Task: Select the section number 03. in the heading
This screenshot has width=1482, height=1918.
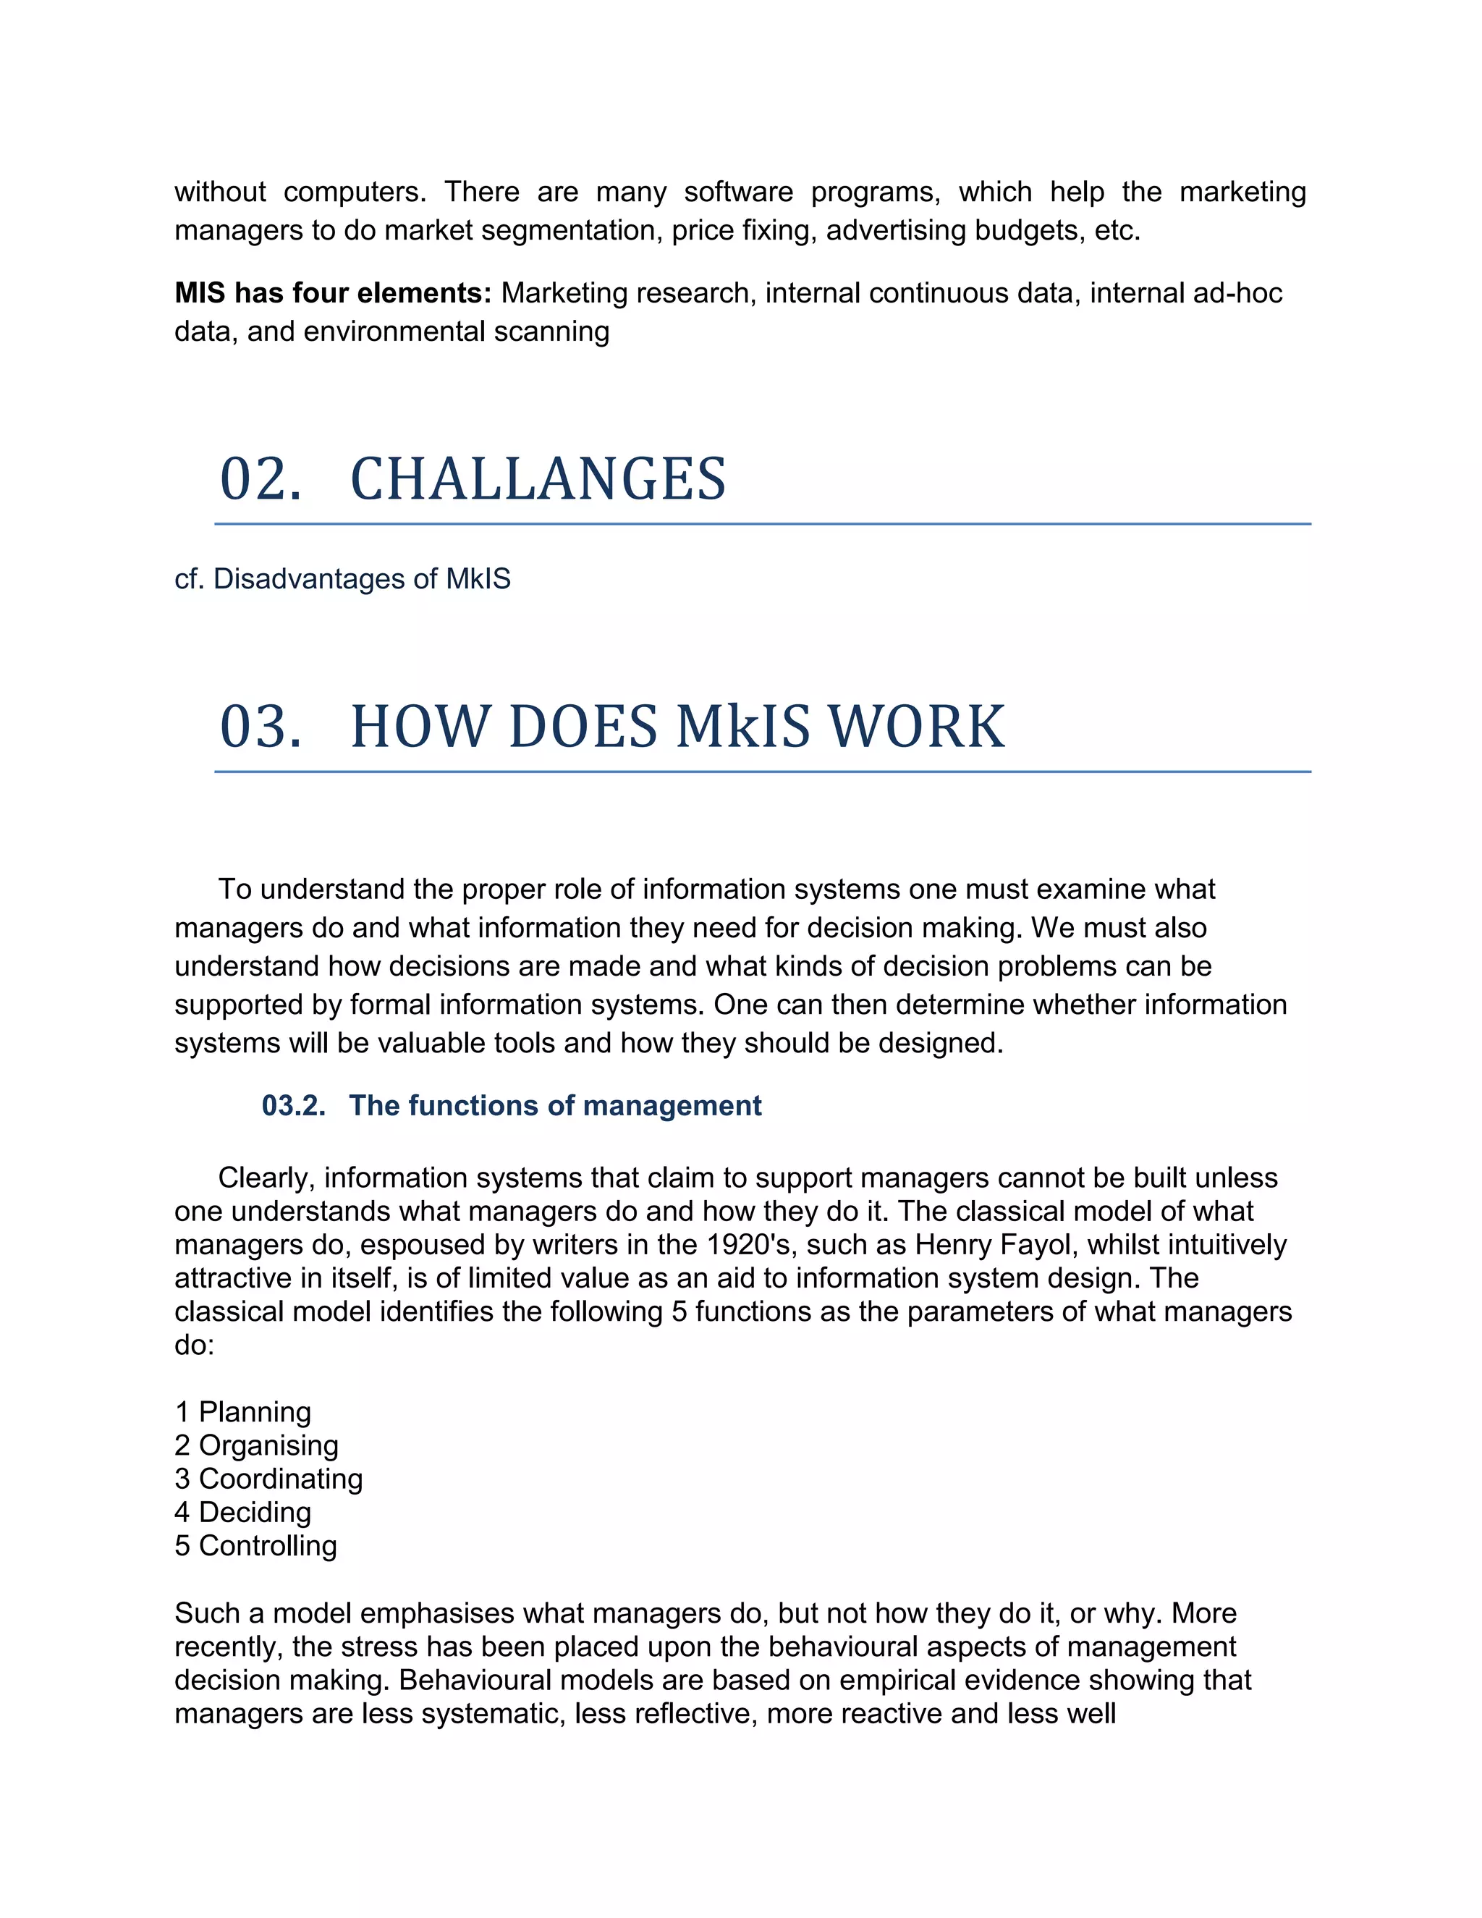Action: [x=260, y=727]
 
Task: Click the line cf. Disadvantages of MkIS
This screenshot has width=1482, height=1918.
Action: [x=342, y=579]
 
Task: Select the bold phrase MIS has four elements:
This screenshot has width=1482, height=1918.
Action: [x=333, y=292]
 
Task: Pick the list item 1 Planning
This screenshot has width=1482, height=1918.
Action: [x=243, y=1411]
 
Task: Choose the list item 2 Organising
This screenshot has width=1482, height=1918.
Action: [x=256, y=1445]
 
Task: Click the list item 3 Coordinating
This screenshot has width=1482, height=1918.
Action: [x=268, y=1478]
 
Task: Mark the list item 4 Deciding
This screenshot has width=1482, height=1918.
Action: [x=243, y=1511]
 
